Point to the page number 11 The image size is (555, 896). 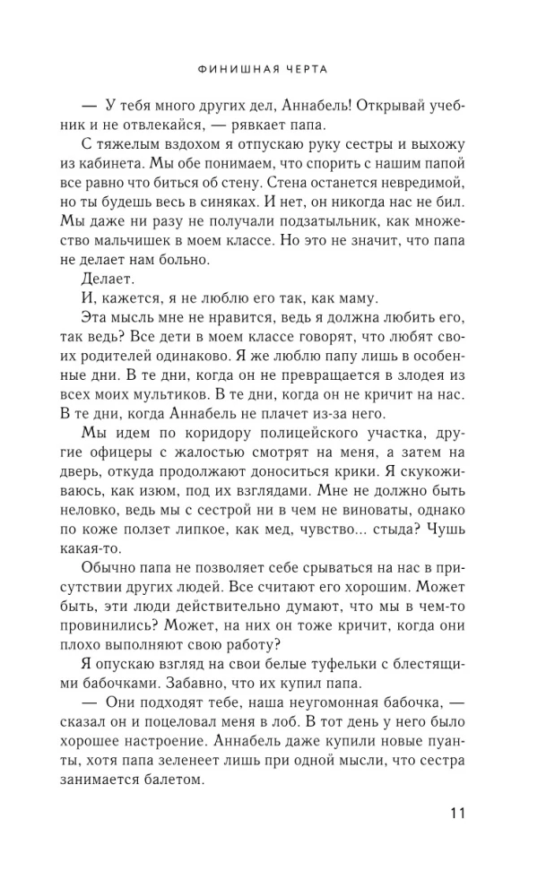[455, 814]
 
